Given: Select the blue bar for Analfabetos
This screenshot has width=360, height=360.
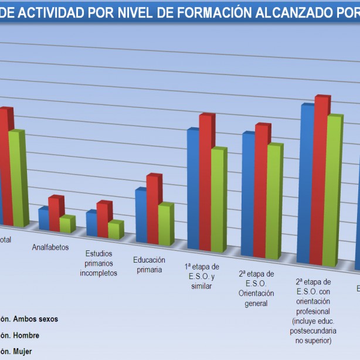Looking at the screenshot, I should click(x=43, y=218).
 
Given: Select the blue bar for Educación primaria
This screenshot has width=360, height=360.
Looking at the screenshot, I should click(x=141, y=216).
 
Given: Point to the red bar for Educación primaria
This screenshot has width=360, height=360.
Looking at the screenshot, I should click(x=152, y=209).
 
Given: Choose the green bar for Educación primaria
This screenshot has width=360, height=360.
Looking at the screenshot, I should click(x=164, y=225).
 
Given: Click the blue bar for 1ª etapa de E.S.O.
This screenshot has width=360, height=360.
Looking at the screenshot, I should click(x=193, y=188).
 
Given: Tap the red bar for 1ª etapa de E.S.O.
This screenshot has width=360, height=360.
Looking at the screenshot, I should click(x=205, y=182).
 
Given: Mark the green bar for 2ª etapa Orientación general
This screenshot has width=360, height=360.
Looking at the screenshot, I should click(x=273, y=201).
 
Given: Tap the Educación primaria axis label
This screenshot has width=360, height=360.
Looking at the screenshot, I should click(x=149, y=264).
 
